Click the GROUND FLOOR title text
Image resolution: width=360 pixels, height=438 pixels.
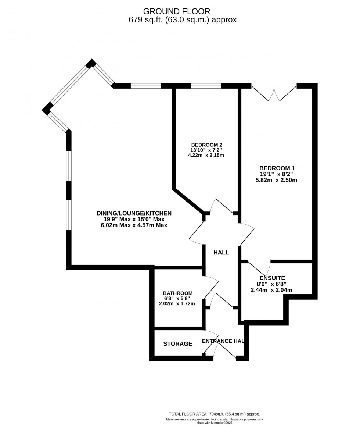point(177,11)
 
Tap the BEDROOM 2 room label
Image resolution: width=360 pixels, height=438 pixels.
point(206,145)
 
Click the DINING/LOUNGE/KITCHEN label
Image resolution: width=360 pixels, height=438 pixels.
point(134,213)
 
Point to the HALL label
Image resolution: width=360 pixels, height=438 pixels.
point(221,253)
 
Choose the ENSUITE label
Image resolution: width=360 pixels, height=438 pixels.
point(272,278)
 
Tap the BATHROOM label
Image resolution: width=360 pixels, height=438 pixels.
point(178,293)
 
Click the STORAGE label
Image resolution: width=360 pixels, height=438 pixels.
point(178,344)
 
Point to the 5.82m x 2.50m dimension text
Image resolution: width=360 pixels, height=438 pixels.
point(276,180)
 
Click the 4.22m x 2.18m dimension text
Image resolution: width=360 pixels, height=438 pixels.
point(206,155)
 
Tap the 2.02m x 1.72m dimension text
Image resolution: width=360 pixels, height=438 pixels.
point(177,304)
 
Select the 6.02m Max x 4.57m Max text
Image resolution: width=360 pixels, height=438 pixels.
point(134,225)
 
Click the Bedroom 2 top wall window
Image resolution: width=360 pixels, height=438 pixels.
point(206,86)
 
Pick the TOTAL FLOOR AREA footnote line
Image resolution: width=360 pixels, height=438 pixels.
point(214,414)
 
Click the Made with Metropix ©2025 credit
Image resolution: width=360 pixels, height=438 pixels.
point(214,423)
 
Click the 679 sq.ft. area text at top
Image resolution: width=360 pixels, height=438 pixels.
point(184,20)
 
